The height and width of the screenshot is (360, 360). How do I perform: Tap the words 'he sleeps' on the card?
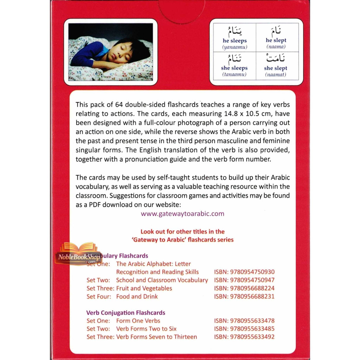(x=235, y=41)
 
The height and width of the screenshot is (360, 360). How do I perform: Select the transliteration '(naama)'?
(x=276, y=47)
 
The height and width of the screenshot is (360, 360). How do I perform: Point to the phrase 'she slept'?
(x=275, y=68)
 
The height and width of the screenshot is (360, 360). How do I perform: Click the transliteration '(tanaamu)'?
(x=235, y=74)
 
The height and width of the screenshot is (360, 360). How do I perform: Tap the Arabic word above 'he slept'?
(x=276, y=31)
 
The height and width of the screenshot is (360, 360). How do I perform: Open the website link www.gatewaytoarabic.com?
(x=182, y=214)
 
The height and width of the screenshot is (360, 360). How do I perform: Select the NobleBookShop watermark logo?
(x=78, y=255)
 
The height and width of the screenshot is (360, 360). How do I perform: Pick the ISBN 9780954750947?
(x=244, y=280)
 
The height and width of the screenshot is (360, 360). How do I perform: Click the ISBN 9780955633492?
(x=244, y=337)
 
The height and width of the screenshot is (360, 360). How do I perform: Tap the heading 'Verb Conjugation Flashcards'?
(x=126, y=313)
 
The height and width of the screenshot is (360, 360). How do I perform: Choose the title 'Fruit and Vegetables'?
(x=144, y=288)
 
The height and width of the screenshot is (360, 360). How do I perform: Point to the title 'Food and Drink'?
(x=137, y=297)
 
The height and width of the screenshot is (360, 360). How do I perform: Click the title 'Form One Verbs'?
(x=138, y=321)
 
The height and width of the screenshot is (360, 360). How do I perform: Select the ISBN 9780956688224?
(x=244, y=288)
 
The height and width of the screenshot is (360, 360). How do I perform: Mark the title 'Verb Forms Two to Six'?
(x=146, y=329)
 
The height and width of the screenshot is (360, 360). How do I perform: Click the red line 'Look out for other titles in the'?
(x=182, y=232)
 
